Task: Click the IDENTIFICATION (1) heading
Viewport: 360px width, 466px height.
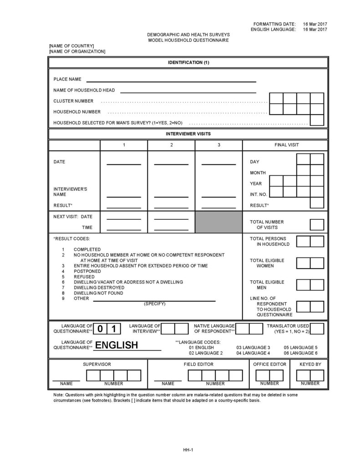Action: point(188,62)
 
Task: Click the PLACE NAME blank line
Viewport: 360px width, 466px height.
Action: point(171,81)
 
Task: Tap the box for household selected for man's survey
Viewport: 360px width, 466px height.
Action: point(317,120)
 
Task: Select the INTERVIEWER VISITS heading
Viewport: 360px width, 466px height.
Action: point(188,134)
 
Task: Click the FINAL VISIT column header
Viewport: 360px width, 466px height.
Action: point(286,145)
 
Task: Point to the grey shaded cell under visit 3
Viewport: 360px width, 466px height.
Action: point(218,222)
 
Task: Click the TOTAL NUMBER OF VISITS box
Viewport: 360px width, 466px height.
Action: point(317,224)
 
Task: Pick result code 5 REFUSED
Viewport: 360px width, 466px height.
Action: point(84,277)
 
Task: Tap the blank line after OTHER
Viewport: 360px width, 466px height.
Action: point(154,300)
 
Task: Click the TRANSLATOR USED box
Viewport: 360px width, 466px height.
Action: point(317,329)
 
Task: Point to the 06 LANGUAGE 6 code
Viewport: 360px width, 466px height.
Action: point(300,353)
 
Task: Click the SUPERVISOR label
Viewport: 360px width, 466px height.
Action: point(97,365)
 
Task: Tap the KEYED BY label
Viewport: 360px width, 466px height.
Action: point(310,365)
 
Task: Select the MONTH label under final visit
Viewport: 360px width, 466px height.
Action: point(258,173)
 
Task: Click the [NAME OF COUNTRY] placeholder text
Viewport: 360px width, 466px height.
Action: point(71,46)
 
